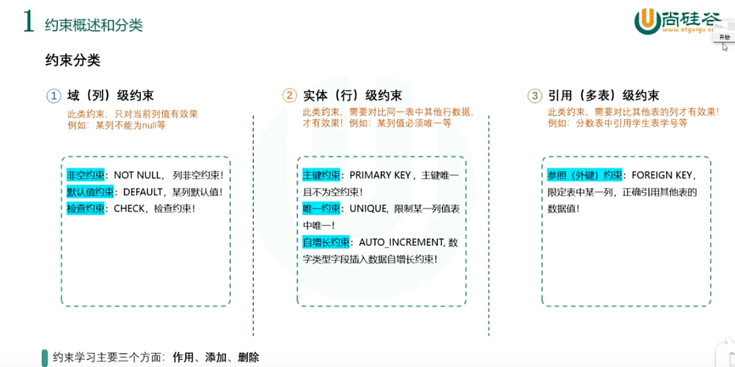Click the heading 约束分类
(73, 61)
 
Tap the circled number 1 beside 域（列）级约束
(54, 95)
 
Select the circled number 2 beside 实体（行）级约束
(289, 95)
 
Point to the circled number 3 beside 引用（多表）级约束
(535, 95)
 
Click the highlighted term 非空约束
(85, 176)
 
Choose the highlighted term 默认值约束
(90, 192)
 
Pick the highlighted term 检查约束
(85, 208)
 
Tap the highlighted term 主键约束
(321, 176)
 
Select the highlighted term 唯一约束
(321, 209)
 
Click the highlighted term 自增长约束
(326, 242)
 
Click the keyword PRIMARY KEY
(381, 176)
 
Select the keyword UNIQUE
(367, 209)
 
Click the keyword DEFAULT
(144, 192)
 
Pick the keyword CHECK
(129, 208)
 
